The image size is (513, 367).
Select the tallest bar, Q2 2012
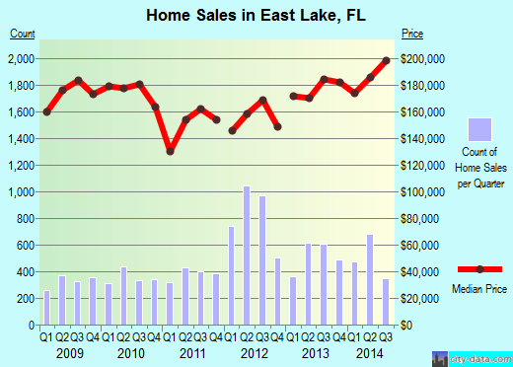click(247, 255)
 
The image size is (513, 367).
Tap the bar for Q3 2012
click(262, 259)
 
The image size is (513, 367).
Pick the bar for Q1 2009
click(46, 307)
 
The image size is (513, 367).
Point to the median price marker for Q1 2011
click(170, 151)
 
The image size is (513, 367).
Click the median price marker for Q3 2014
click(386, 60)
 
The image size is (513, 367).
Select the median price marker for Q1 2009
click(46, 111)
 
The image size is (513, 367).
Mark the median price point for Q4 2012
click(278, 126)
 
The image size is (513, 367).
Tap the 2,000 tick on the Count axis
click(21, 59)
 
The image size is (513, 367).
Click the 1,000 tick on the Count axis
click(21, 191)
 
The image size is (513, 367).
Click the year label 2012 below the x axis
click(255, 352)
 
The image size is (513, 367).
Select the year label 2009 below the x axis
click(69, 352)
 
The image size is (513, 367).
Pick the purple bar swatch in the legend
click(479, 130)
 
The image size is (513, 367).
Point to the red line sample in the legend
click(479, 268)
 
